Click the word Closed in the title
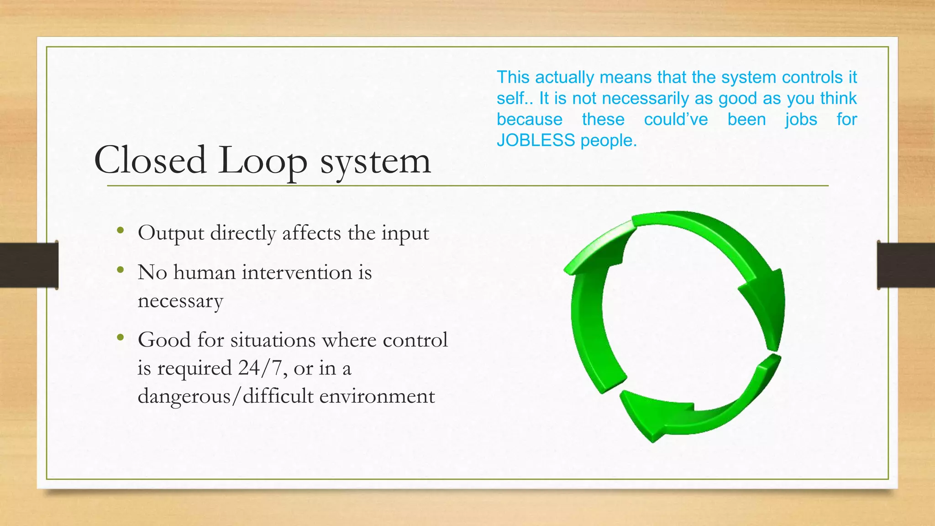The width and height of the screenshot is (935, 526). (150, 160)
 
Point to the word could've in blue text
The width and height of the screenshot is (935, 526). (676, 119)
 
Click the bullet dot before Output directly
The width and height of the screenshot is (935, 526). (121, 231)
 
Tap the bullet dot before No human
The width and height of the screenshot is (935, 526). (121, 270)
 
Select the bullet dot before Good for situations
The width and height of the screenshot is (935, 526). (121, 337)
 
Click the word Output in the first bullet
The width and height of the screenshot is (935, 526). (171, 233)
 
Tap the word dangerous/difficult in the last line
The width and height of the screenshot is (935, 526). (226, 396)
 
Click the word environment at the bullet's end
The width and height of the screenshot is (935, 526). (377, 396)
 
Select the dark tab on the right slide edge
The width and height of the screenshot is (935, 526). (906, 265)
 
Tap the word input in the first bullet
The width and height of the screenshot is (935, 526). (405, 233)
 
